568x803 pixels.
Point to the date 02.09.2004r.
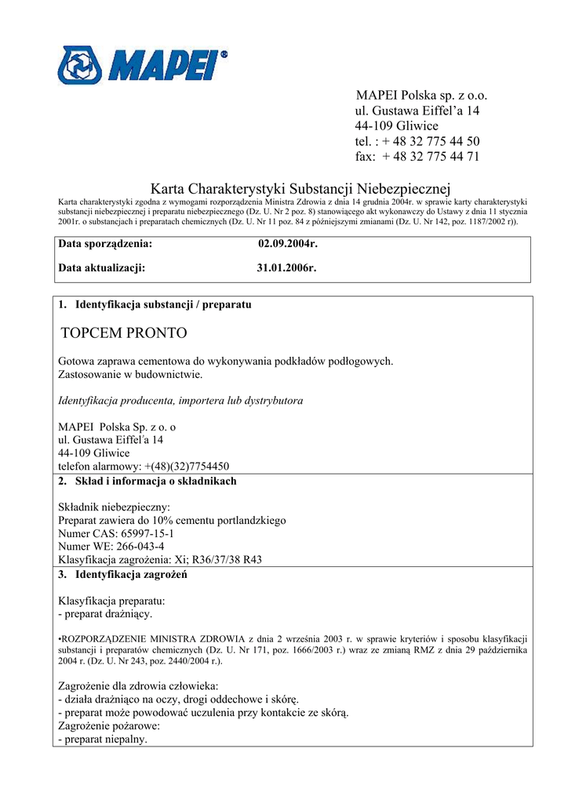(288, 244)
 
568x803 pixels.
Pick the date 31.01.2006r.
(286, 267)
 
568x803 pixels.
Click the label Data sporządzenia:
(105, 244)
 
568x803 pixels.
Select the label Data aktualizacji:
(102, 267)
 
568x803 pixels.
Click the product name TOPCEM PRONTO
(124, 333)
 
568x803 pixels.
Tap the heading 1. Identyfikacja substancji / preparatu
(155, 303)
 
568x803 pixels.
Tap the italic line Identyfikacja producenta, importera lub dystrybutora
(180, 401)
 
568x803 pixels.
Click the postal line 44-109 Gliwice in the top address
(396, 126)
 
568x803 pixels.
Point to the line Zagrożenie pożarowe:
(109, 726)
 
